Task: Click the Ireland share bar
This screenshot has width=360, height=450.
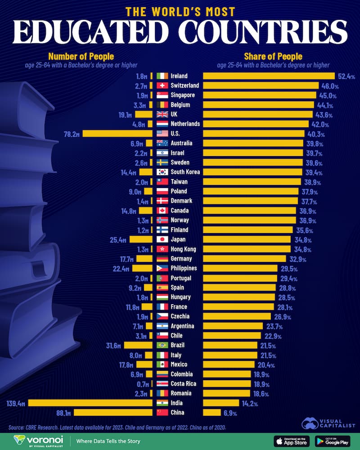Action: click(x=269, y=76)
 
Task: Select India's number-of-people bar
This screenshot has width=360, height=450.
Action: click(x=90, y=403)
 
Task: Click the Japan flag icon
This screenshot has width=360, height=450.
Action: click(x=162, y=239)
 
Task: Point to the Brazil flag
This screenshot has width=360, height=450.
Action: click(x=162, y=345)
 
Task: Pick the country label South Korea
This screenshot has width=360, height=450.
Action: click(x=185, y=172)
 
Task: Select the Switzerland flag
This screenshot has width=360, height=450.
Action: click(x=162, y=85)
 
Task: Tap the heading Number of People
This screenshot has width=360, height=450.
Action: click(x=81, y=57)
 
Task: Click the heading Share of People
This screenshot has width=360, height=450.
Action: click(x=273, y=57)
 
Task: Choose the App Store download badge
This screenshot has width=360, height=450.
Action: click(x=291, y=441)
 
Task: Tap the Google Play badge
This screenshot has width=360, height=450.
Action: click(x=333, y=441)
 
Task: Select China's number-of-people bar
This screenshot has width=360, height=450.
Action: click(x=113, y=412)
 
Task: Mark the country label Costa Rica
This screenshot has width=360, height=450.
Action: click(x=184, y=383)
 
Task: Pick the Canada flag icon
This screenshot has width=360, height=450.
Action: click(x=162, y=211)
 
